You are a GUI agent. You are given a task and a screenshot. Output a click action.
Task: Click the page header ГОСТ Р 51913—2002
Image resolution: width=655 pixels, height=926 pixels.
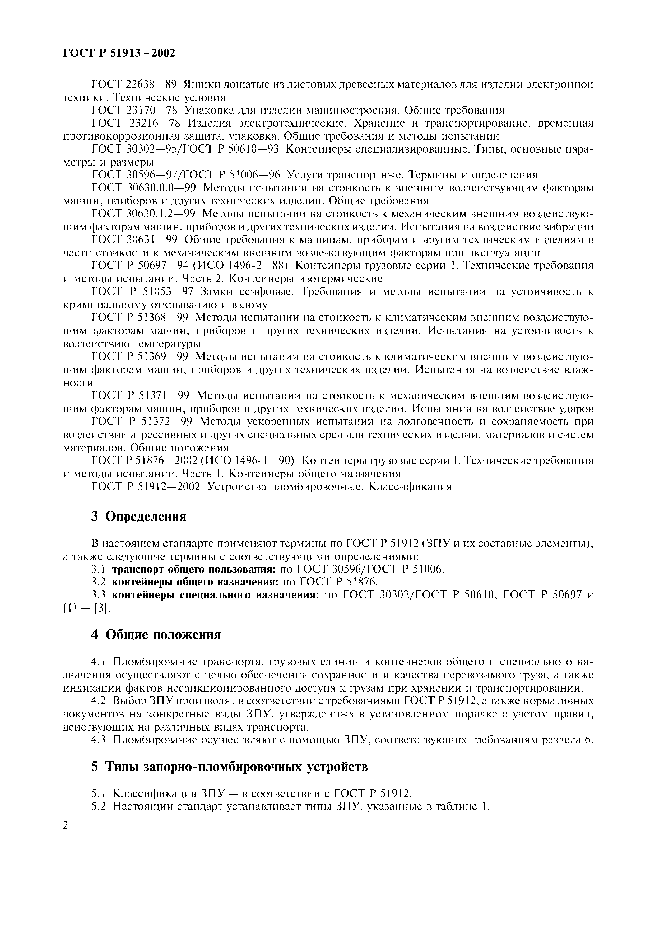click(x=119, y=53)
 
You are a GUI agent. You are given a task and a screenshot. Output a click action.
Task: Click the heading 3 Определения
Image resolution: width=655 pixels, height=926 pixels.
click(x=138, y=517)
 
